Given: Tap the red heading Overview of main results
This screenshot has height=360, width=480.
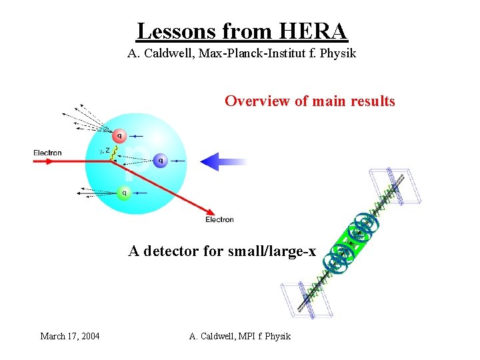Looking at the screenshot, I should (309, 101).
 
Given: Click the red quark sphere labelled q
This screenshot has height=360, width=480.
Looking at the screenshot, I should (119, 136).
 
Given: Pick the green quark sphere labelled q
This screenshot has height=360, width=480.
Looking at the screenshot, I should (123, 193).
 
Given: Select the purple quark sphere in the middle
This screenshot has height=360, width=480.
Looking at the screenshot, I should (160, 160).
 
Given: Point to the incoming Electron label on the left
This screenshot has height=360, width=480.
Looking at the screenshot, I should (47, 153).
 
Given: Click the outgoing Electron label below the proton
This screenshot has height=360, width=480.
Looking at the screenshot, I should (219, 219).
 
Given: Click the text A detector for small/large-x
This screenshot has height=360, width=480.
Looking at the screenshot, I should (222, 251).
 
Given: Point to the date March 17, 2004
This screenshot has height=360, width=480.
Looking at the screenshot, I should (70, 336).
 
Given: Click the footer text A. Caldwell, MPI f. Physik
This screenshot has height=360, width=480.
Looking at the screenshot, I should (240, 336).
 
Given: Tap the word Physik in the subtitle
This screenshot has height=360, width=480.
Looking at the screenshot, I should (338, 53).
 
